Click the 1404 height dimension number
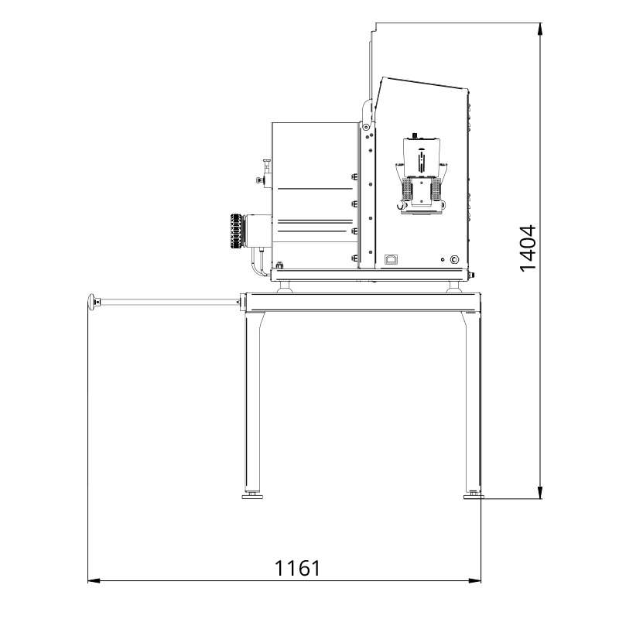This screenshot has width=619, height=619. click(528, 248)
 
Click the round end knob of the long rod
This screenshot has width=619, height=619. click(93, 302)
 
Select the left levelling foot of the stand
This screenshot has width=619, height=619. click(252, 494)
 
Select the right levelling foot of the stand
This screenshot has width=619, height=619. click(473, 494)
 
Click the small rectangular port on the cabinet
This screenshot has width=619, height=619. click(391, 258)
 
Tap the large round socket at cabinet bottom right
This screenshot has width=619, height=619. click(454, 259)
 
